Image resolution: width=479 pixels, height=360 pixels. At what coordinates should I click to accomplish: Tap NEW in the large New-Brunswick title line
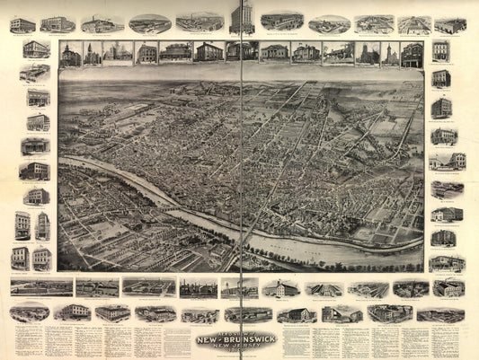coord(213,338)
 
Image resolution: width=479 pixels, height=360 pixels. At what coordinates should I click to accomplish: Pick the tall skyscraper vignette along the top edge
coord(241,18)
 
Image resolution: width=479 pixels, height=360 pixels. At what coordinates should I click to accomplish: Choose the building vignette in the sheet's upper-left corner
coord(22,24)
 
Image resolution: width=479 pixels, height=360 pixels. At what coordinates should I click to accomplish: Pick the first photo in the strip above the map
coord(69,53)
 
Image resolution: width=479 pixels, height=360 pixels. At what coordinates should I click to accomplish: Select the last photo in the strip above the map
coord(412,53)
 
